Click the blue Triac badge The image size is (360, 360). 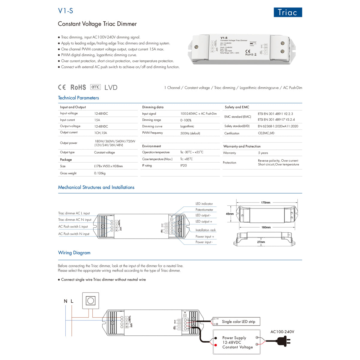[x=288, y=12]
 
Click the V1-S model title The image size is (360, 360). [x=65, y=11]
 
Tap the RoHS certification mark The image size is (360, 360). [x=78, y=87]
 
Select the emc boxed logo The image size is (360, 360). [x=95, y=87]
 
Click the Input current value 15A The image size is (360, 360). [x=97, y=120]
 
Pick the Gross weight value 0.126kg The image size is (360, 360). [x=100, y=173]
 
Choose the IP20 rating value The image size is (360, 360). [x=184, y=166]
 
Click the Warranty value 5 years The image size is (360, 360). [x=263, y=153]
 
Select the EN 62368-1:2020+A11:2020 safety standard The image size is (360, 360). [x=278, y=126]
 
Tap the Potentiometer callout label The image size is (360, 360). [x=204, y=210]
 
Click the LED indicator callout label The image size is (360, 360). [x=204, y=204]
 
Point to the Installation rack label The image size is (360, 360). [x=205, y=230]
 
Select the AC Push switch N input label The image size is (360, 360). [x=74, y=234]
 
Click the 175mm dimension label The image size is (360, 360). [x=265, y=202]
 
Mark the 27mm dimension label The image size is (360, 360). [x=261, y=242]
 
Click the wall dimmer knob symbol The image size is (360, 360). [x=91, y=300]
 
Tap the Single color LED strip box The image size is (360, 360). [x=238, y=322]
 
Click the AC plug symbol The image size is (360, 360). [x=283, y=341]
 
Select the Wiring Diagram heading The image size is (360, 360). [x=74, y=253]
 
